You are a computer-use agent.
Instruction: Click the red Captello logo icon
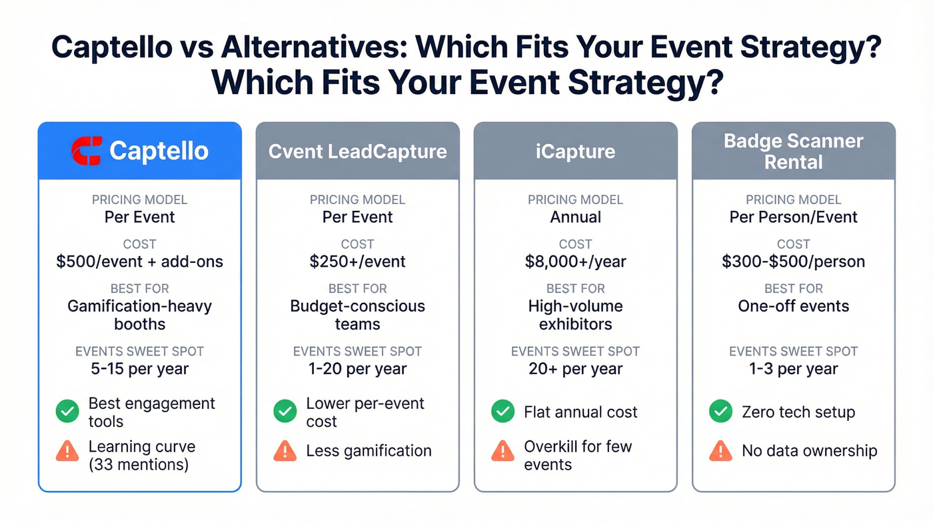tap(87, 151)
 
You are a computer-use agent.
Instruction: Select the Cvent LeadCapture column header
tap(357, 151)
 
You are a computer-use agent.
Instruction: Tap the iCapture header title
tap(575, 151)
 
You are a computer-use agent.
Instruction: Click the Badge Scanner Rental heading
tap(793, 151)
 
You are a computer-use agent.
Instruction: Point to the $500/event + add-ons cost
tap(139, 262)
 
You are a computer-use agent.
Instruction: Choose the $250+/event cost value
tap(357, 262)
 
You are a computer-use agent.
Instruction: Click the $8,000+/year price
tap(575, 262)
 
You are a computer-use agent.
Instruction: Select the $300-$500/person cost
tap(793, 262)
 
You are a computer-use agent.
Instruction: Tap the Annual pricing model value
tap(575, 217)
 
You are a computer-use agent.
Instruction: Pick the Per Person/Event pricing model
tap(793, 217)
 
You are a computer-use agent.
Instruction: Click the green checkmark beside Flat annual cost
tap(502, 412)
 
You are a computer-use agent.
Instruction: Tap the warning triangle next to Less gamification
tap(285, 451)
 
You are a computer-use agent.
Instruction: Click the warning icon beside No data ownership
tap(720, 451)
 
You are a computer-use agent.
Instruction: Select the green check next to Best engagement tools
tap(67, 412)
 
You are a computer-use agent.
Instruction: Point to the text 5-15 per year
tap(139, 369)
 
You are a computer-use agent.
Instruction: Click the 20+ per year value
tap(575, 369)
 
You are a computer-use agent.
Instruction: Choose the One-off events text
tap(793, 306)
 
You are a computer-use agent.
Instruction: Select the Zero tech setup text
tap(798, 412)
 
